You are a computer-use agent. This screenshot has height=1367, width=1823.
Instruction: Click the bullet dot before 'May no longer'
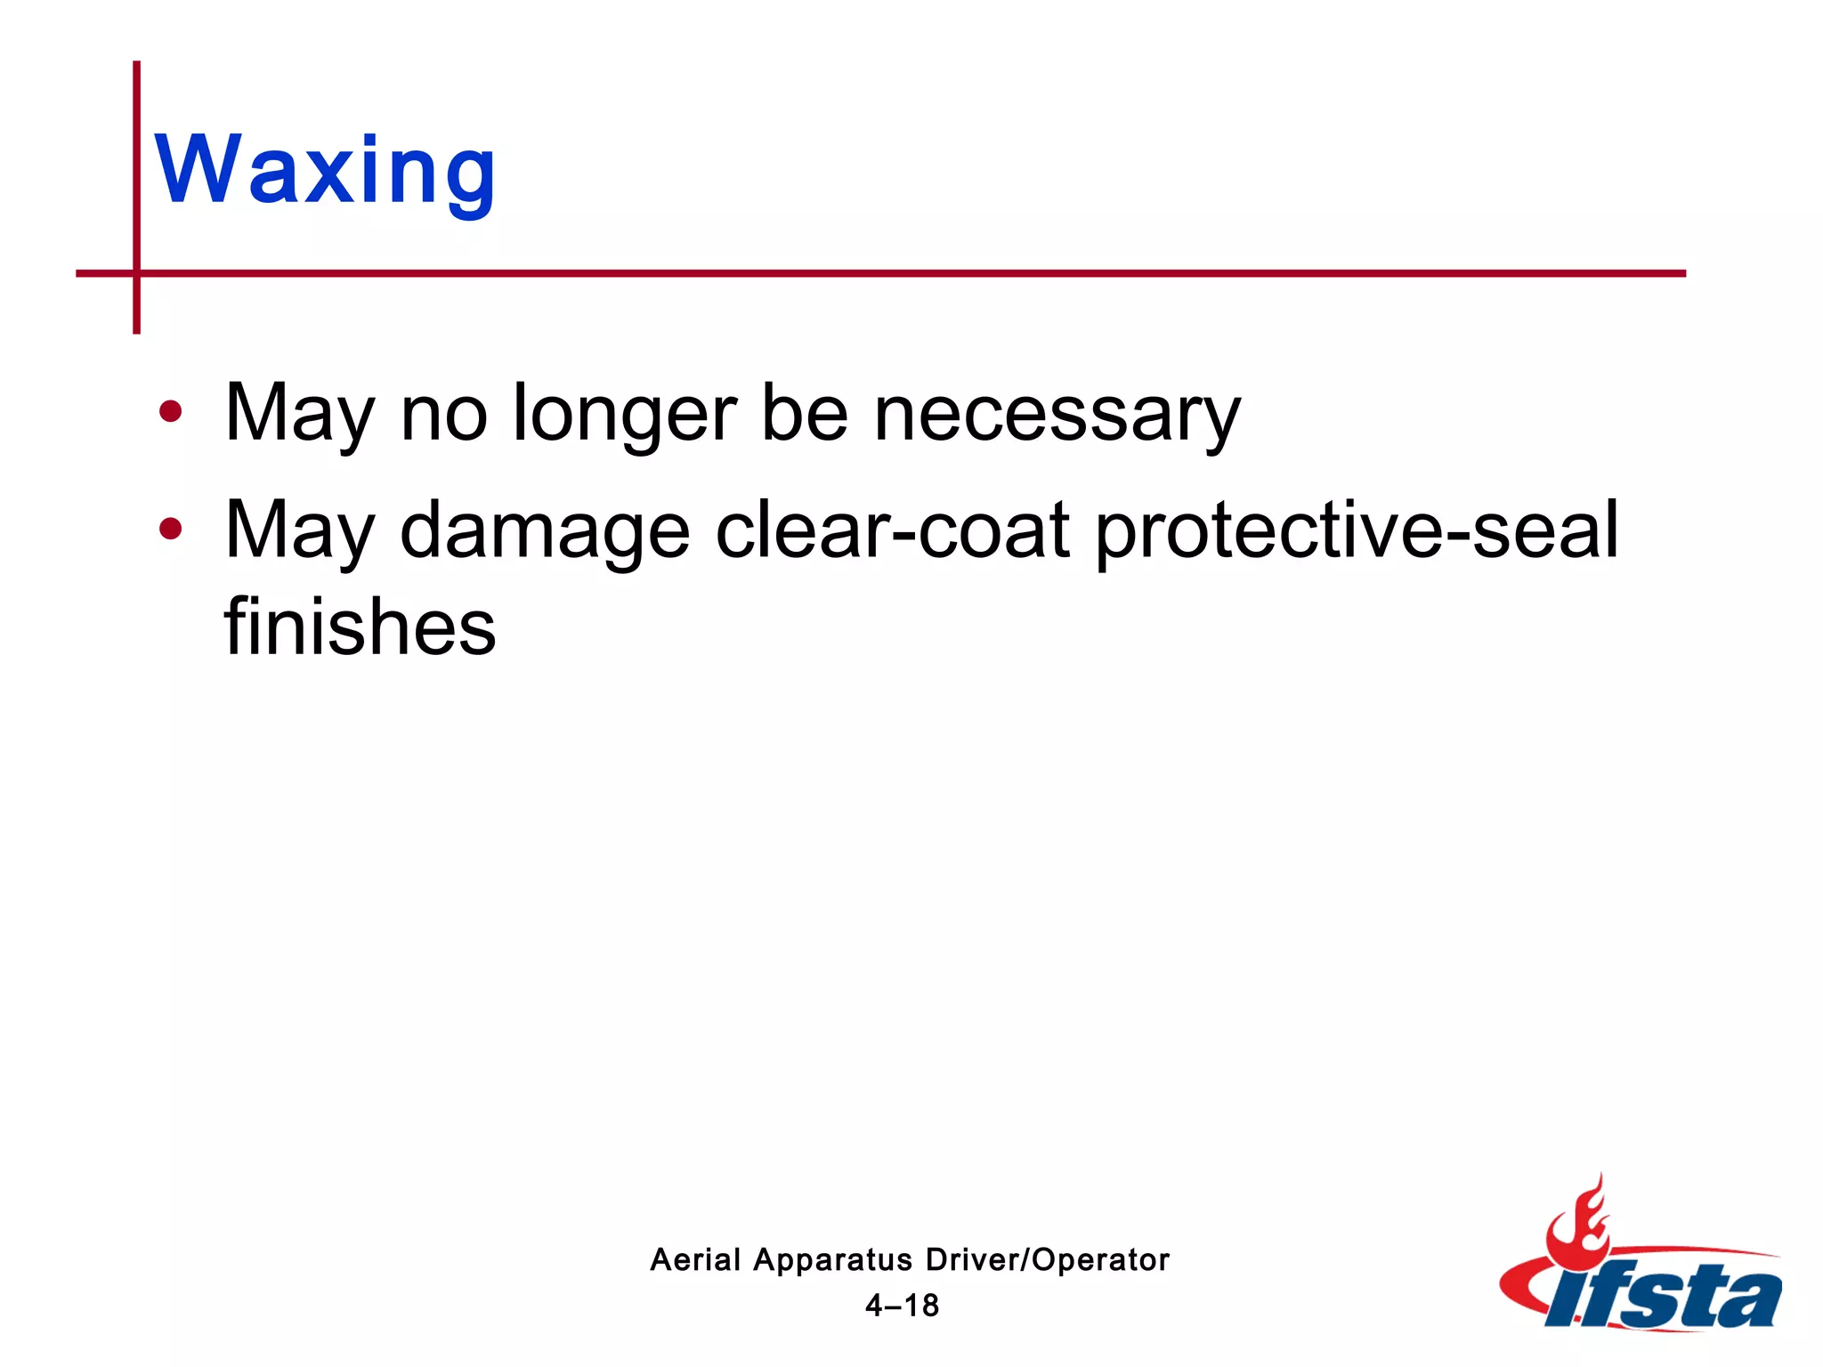coord(170,411)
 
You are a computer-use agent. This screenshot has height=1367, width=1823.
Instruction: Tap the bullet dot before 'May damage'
coord(170,529)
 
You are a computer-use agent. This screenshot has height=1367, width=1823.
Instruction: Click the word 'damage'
coord(545,532)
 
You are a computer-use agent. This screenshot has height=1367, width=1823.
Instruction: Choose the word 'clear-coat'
coord(893,530)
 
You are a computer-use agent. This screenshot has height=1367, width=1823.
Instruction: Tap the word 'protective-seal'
coord(1357,532)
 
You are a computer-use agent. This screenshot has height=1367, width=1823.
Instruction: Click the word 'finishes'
coord(360,627)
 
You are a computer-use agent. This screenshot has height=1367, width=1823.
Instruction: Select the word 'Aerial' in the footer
coord(695,1260)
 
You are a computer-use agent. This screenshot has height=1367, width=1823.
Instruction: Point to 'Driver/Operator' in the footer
coord(1048,1260)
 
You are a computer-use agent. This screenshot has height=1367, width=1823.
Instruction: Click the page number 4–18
coord(903,1306)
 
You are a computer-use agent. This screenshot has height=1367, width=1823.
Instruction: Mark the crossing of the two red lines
coord(136,273)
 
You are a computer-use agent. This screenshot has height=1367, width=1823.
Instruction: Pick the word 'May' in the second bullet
coord(300,532)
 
